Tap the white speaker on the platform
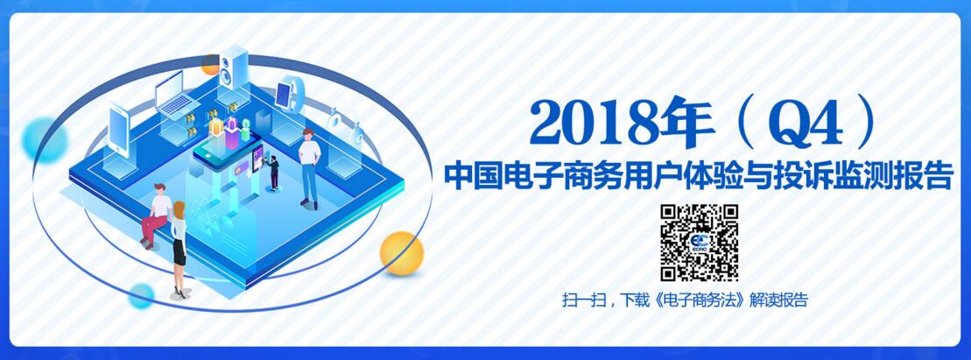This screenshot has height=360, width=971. click(x=234, y=67)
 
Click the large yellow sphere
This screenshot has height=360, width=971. click(x=401, y=253)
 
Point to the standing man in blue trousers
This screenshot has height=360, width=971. click(x=309, y=168)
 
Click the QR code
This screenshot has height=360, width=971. click(x=700, y=243)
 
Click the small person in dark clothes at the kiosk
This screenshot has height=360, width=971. click(x=273, y=173)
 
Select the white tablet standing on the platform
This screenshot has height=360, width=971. click(x=118, y=131)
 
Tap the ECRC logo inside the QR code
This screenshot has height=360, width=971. click(x=700, y=243)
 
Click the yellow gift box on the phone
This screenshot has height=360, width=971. click(x=215, y=126)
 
